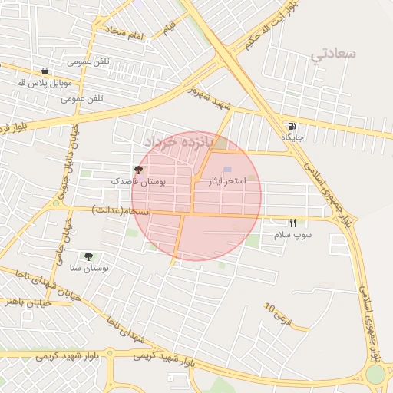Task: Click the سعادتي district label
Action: click(336, 54)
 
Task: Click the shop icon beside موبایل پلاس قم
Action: click(45, 71)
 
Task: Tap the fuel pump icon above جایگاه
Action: click(292, 126)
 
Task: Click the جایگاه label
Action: click(292, 137)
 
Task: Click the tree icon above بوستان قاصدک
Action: click(138, 170)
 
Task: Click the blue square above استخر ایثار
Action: click(226, 170)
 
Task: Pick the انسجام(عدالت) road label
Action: click(121, 210)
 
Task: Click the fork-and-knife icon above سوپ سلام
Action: click(292, 223)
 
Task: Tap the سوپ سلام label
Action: click(292, 235)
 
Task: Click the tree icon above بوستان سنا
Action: click(89, 256)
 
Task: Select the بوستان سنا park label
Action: click(89, 268)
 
